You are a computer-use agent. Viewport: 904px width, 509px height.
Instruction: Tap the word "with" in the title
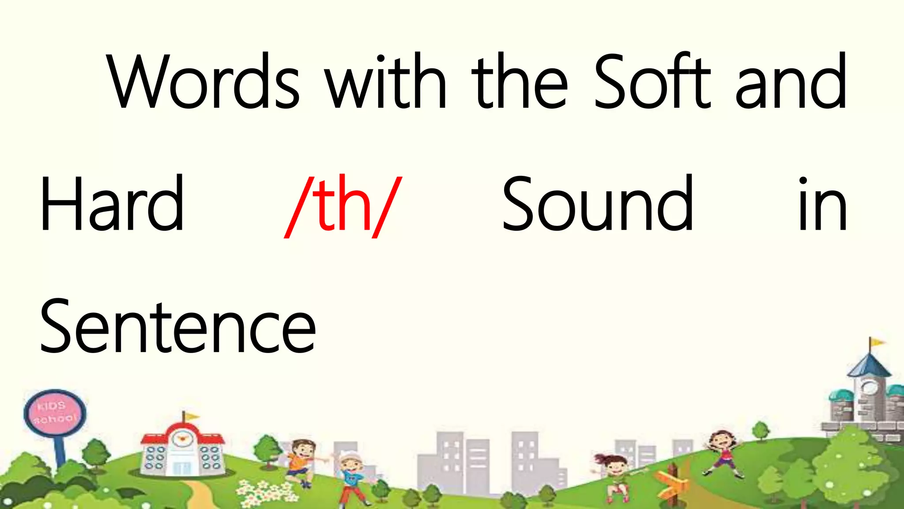coord(386,82)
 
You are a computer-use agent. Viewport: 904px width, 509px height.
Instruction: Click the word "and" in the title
coord(791,82)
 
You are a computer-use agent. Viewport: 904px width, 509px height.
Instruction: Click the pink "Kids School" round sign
coord(55,413)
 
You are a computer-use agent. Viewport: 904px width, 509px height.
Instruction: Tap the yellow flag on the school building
coord(191,416)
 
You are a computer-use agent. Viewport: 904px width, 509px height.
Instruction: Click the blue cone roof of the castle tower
coord(869,366)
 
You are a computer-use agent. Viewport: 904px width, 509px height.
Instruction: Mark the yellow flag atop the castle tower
coord(877,342)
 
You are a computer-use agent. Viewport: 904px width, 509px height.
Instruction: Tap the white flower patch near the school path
coord(263,493)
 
